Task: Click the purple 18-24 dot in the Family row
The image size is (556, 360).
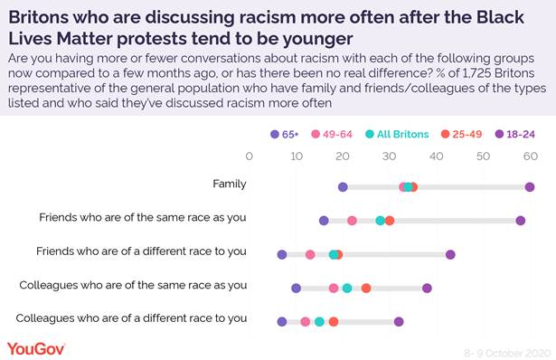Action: pyautogui.click(x=529, y=187)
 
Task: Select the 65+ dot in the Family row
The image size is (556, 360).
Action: pyautogui.click(x=343, y=187)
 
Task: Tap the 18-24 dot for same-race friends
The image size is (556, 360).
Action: pyautogui.click(x=520, y=221)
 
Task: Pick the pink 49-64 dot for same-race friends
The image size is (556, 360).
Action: pyautogui.click(x=352, y=221)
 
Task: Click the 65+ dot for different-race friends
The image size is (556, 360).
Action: pyautogui.click(x=282, y=254)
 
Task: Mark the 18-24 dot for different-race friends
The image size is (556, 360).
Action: pyautogui.click(x=450, y=254)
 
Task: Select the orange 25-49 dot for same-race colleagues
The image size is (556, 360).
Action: pyautogui.click(x=366, y=289)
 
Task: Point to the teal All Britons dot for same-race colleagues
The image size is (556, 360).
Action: pyautogui.click(x=347, y=289)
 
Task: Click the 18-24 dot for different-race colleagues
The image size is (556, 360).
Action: pyautogui.click(x=399, y=321)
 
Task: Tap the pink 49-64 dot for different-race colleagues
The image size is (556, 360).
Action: pyautogui.click(x=306, y=321)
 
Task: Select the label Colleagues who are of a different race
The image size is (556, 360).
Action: pyautogui.click(x=132, y=317)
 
